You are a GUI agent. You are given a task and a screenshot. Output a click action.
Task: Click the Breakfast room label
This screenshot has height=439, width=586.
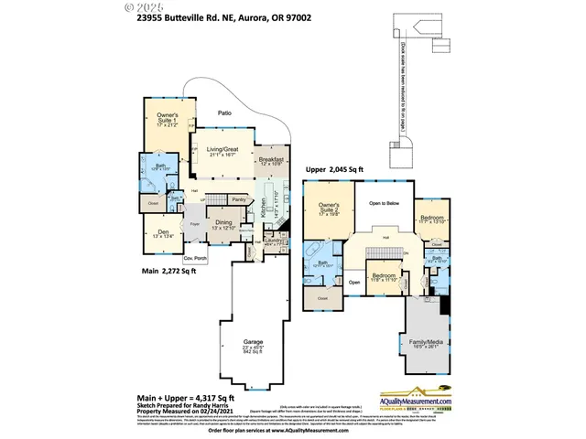[x=273, y=159]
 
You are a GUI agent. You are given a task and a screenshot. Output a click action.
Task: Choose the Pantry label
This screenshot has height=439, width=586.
[x=239, y=198]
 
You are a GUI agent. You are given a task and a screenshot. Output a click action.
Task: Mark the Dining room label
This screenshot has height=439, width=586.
[x=222, y=221]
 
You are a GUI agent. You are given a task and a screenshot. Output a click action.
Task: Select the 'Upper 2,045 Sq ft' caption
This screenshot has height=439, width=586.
[x=335, y=169]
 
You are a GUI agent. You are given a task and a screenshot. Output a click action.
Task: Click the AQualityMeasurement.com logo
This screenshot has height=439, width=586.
[x=419, y=401]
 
